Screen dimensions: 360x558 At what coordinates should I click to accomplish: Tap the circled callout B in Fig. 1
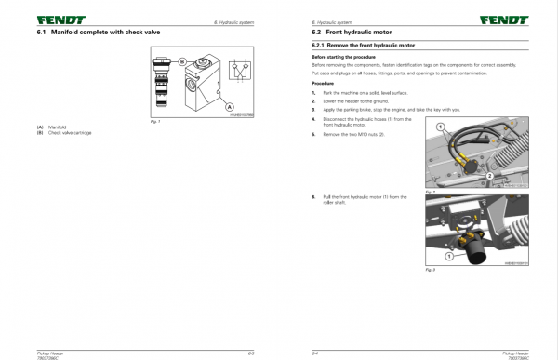(182, 61)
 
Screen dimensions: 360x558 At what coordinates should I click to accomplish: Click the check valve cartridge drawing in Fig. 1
(161, 84)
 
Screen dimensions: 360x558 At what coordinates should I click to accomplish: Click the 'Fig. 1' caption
(155, 121)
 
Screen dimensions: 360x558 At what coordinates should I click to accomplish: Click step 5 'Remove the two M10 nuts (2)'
(353, 134)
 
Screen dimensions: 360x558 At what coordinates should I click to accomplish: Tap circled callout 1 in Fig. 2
(441, 126)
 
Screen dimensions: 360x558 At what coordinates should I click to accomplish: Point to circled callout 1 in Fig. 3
(448, 254)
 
